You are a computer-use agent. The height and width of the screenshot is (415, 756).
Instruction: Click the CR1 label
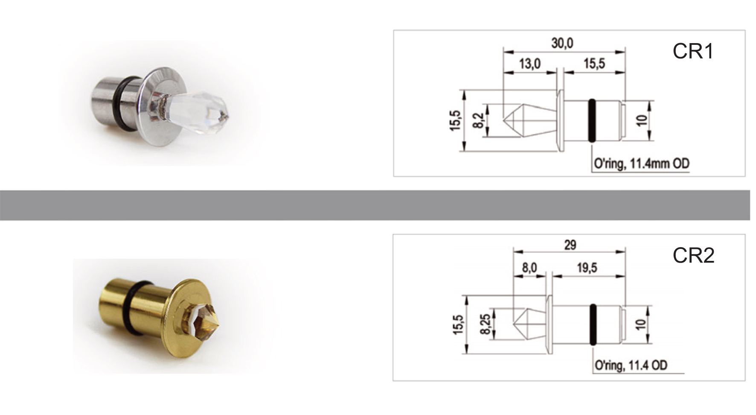click(x=693, y=52)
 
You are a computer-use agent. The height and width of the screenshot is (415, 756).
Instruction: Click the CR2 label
click(x=693, y=256)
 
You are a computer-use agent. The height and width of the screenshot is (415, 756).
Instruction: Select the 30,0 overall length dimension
click(x=562, y=43)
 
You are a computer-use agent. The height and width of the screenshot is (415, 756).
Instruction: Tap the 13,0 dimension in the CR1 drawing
click(x=530, y=64)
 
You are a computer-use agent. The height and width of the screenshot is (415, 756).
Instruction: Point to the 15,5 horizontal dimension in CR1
click(x=594, y=64)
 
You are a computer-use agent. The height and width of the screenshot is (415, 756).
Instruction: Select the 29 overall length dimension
click(x=570, y=245)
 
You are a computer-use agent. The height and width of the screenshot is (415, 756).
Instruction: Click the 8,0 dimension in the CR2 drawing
click(x=529, y=268)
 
